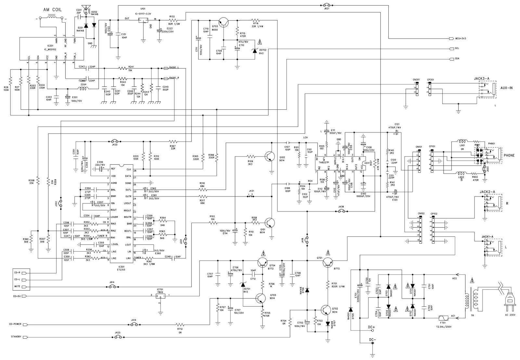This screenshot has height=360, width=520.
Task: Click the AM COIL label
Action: [52, 9]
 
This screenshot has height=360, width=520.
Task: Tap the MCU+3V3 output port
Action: [451, 39]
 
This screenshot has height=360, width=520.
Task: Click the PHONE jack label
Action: [509, 155]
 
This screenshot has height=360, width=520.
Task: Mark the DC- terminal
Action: [372, 352]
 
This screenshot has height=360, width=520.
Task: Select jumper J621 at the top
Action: [326, 5]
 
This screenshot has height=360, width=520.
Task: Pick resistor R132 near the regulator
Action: [173, 20]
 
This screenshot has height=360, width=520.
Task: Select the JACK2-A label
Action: [487, 192]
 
